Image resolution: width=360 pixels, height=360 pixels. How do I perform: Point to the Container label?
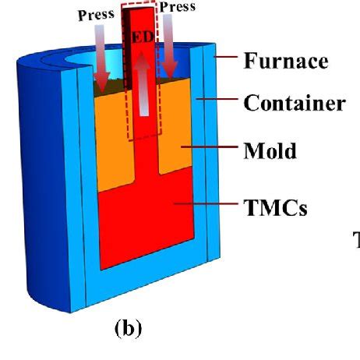(x=294, y=102)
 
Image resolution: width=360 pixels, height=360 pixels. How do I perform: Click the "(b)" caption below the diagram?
(x=125, y=327)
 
